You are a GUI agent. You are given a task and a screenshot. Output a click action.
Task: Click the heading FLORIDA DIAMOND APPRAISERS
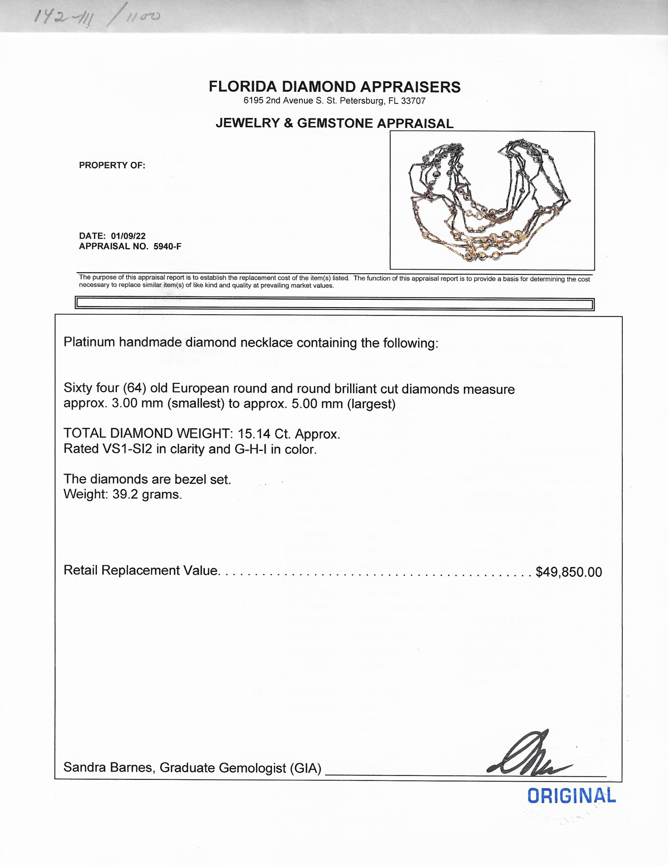coord(335,87)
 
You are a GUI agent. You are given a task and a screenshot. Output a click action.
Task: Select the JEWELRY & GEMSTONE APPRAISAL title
coord(335,123)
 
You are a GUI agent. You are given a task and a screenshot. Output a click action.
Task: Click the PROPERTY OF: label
coord(112,165)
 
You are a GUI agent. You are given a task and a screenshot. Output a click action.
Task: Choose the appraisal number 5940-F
coord(167,246)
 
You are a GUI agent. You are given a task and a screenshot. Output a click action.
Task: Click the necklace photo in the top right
coord(492,200)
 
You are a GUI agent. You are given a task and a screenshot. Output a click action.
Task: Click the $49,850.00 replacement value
coord(568,572)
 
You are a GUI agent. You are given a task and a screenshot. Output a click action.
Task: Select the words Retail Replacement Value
coord(141,571)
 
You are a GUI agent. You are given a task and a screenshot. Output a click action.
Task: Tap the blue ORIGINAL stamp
coord(572,796)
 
